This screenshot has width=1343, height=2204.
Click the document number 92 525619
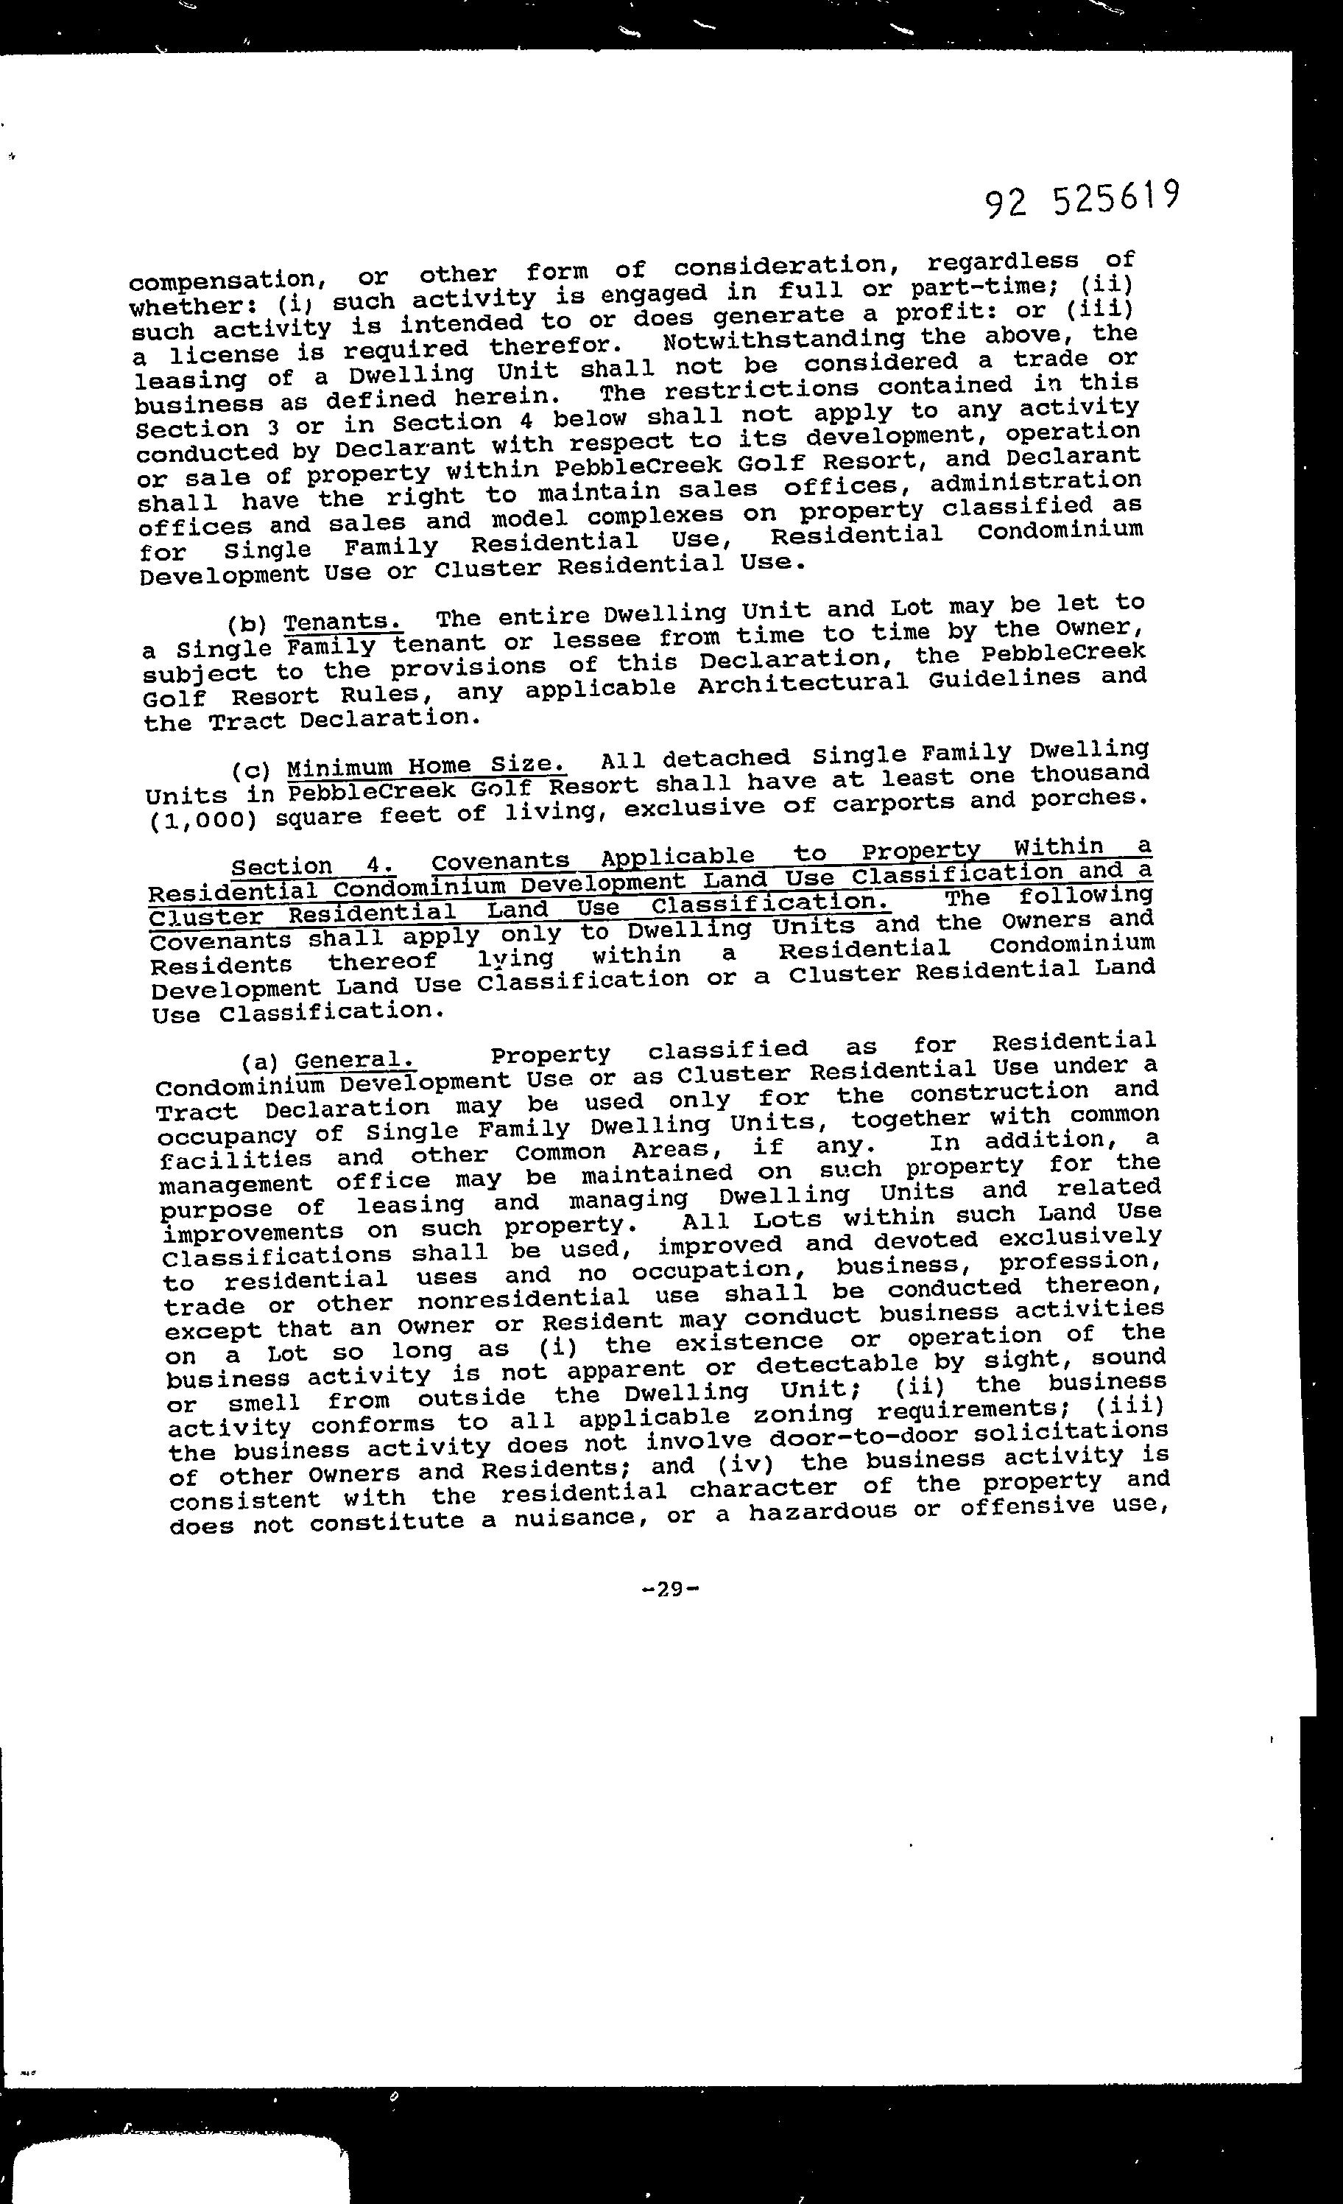1082,200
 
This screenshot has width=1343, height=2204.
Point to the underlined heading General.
355,1061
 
